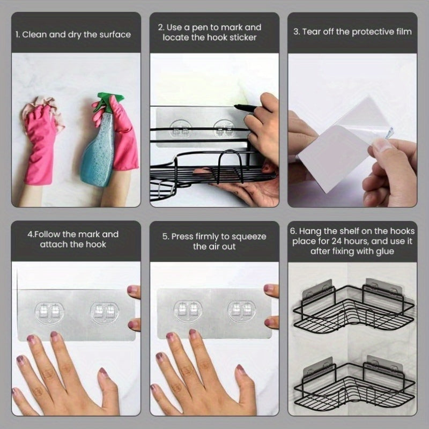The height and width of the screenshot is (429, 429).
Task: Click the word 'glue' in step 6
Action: (385, 252)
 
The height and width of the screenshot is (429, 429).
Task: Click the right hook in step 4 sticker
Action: (105, 313)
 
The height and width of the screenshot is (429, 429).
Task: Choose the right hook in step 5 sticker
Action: (242, 311)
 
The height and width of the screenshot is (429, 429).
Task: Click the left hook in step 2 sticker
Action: (181, 129)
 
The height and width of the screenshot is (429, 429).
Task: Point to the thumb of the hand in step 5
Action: (246, 383)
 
